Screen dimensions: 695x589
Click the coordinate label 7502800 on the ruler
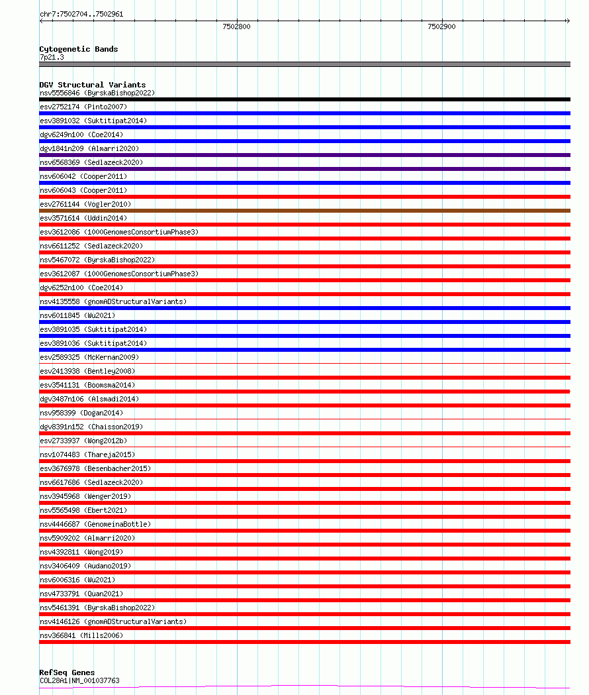pyautogui.click(x=236, y=27)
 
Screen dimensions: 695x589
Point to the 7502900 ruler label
pyautogui.click(x=441, y=27)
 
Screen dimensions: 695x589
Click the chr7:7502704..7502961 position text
pyautogui.click(x=81, y=14)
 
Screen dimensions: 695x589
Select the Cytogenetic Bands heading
pyautogui.click(x=79, y=49)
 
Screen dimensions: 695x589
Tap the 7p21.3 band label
pyautogui.click(x=52, y=58)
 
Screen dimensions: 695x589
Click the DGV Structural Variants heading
pyautogui.click(x=93, y=85)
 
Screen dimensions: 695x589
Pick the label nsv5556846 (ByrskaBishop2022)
pyautogui.click(x=97, y=93)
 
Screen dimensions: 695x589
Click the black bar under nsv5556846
pyautogui.click(x=304, y=99)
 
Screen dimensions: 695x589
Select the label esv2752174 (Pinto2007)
pyautogui.click(x=83, y=107)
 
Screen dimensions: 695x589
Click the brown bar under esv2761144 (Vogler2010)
pyautogui.click(x=304, y=211)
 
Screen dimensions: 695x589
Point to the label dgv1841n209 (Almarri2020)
pyautogui.click(x=89, y=148)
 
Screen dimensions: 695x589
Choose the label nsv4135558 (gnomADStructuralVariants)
pyautogui.click(x=113, y=301)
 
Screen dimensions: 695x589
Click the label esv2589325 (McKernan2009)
pyautogui.click(x=89, y=357)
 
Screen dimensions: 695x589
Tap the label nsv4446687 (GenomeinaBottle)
pyautogui.click(x=95, y=524)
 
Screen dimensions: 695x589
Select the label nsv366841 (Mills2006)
pyautogui.click(x=81, y=635)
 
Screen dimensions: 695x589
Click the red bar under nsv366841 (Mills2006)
pyautogui.click(x=304, y=642)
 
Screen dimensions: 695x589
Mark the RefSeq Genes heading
pyautogui.click(x=67, y=672)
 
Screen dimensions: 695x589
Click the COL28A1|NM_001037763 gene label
pyautogui.click(x=79, y=680)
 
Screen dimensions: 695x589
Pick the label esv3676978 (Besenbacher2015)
pyautogui.click(x=95, y=468)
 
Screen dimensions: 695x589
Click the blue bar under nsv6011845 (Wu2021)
pyautogui.click(x=304, y=322)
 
